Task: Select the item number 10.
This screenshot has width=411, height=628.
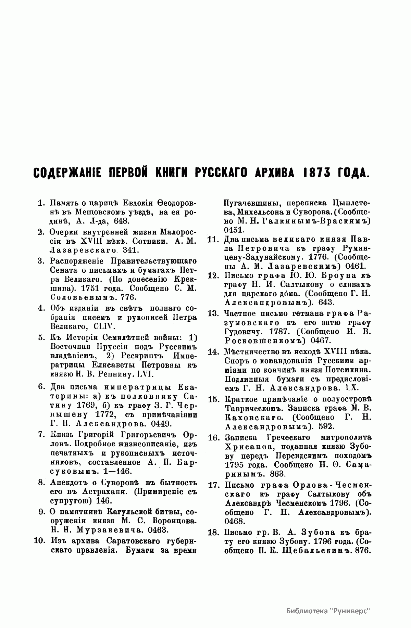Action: point(40,541)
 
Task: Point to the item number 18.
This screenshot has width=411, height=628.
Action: point(213,532)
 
